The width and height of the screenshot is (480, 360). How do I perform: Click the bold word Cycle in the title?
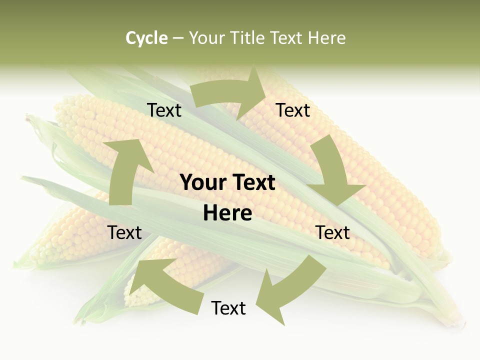[x=146, y=38]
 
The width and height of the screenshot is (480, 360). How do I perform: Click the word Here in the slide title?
[x=326, y=38]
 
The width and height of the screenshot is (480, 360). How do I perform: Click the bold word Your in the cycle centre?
[x=204, y=182]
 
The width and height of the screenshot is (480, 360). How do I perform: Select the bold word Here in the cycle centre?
[x=227, y=213]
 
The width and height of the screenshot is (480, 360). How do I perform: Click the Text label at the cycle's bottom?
[x=228, y=308]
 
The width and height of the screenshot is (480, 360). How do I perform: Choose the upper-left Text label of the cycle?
[x=164, y=110]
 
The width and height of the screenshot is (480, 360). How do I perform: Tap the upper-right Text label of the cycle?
[x=293, y=110]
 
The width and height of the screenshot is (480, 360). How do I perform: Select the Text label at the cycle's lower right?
[x=332, y=232]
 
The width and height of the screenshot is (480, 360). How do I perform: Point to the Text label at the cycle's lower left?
[x=124, y=232]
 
